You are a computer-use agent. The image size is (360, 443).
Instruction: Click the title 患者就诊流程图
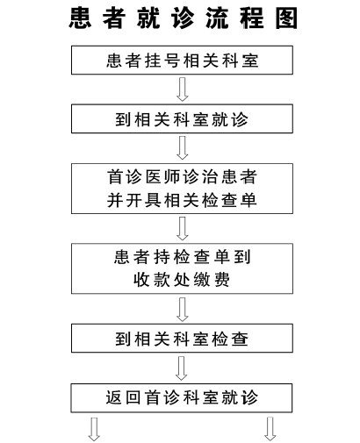pyautogui.click(x=184, y=18)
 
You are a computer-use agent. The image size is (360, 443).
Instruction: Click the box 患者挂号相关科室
pyautogui.click(x=182, y=60)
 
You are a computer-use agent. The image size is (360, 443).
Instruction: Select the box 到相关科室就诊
pyautogui.click(x=182, y=118)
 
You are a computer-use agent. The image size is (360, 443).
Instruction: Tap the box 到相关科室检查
pyautogui.click(x=182, y=338)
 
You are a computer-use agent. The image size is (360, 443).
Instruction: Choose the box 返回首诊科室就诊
pyautogui.click(x=182, y=398)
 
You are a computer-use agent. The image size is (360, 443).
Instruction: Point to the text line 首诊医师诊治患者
pyautogui.click(x=182, y=177)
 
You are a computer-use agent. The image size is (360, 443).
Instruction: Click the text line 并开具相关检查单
pyautogui.click(x=182, y=201)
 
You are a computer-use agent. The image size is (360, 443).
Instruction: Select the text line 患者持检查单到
pyautogui.click(x=182, y=257)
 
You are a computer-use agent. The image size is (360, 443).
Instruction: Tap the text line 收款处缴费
pyautogui.click(x=182, y=280)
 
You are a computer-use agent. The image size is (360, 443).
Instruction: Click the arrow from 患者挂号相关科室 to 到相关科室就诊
pyautogui.click(x=183, y=89)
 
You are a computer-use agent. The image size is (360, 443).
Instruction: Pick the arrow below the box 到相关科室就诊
pyautogui.click(x=183, y=148)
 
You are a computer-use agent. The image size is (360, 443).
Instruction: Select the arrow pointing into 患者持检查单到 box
pyautogui.click(x=183, y=229)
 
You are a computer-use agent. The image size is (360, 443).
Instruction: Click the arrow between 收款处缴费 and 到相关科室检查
pyautogui.click(x=183, y=310)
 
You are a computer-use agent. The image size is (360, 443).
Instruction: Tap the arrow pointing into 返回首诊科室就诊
pyautogui.click(x=182, y=368)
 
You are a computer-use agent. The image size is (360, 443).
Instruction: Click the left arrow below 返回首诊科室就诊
pyautogui.click(x=94, y=429)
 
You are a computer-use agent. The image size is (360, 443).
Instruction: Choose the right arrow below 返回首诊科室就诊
pyautogui.click(x=270, y=429)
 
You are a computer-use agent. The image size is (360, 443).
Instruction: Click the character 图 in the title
pyautogui.click(x=286, y=18)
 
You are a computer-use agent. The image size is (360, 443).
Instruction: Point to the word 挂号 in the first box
pyautogui.click(x=162, y=61)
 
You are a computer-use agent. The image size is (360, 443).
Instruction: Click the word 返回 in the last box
pyautogui.click(x=123, y=397)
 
